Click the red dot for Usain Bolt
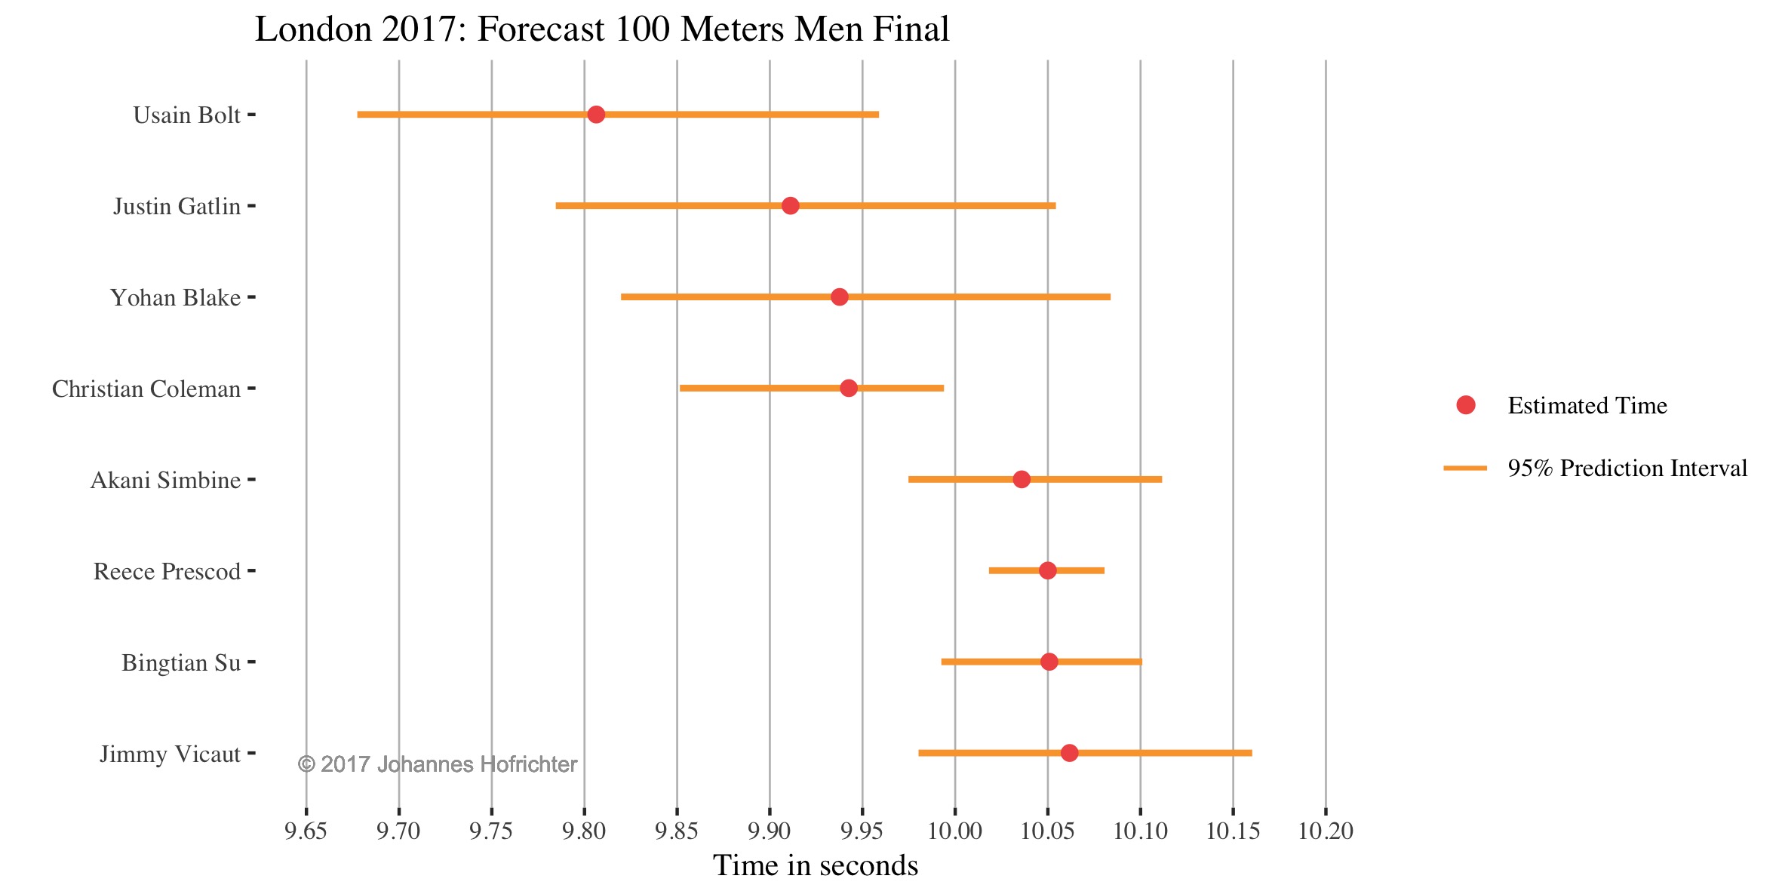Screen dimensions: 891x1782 [x=596, y=115]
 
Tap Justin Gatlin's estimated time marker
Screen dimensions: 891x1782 [x=790, y=206]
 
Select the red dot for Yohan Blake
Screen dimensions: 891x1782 [x=839, y=297]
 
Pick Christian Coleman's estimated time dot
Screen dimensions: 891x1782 [x=849, y=389]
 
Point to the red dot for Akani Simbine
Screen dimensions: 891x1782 [x=1022, y=480]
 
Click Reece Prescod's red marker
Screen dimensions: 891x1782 [x=1047, y=570]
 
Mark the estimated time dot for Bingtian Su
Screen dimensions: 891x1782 [x=1049, y=662]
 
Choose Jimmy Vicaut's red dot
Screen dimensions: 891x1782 [x=1069, y=753]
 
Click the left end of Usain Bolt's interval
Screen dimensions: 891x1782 [x=359, y=115]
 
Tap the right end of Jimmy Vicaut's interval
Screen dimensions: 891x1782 [x=1250, y=753]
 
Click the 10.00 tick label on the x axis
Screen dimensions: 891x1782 [x=955, y=831]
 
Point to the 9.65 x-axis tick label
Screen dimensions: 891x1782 [x=306, y=831]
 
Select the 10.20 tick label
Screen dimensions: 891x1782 [x=1326, y=831]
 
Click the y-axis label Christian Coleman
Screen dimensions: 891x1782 [x=146, y=389]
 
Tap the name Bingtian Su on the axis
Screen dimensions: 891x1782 [x=181, y=663]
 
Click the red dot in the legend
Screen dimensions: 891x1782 [x=1466, y=405]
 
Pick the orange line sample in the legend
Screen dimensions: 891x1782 [x=1465, y=469]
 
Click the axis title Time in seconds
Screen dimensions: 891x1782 [x=816, y=866]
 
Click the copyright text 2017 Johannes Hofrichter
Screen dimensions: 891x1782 [x=438, y=765]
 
